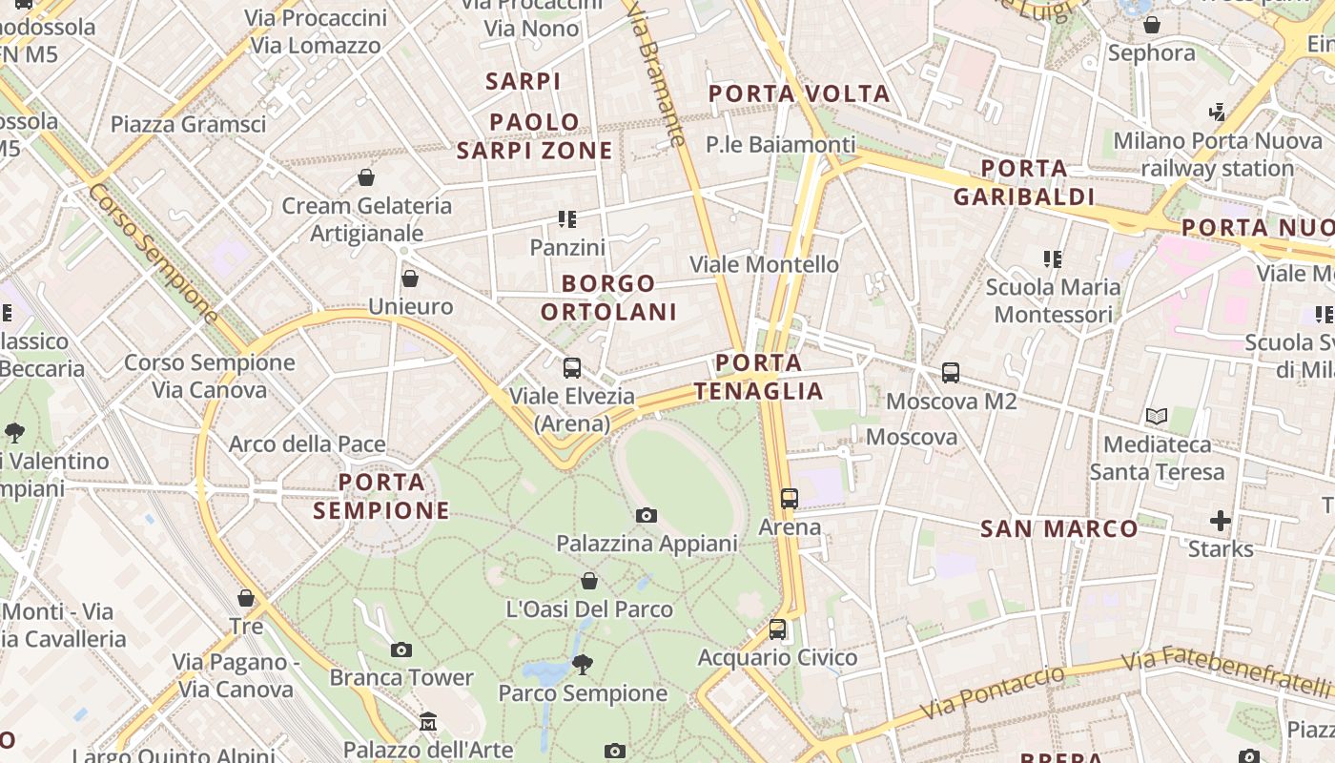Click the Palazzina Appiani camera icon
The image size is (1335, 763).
[x=647, y=516]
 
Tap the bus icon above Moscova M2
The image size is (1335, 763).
[x=951, y=373]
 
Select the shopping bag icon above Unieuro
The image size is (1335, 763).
[x=410, y=278]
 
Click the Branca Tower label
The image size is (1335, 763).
[x=401, y=678]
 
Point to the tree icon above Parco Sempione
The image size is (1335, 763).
[x=582, y=665]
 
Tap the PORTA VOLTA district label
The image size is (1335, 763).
[x=799, y=93]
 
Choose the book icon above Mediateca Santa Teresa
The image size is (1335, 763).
[x=1157, y=417]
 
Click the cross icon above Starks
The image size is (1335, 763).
[x=1221, y=521]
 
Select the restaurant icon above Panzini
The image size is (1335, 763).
[x=568, y=219]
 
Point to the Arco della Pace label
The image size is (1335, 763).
[x=307, y=444]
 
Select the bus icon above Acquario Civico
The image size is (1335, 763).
[x=778, y=629]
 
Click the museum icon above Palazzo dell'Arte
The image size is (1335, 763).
[x=428, y=722]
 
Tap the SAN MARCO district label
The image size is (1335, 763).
[x=1059, y=528]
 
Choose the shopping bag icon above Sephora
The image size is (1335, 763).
[x=1152, y=25]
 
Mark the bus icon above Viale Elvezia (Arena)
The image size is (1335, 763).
[x=572, y=368]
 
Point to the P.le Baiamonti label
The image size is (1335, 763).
[x=781, y=145]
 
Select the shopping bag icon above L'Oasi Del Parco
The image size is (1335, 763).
[x=589, y=581]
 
